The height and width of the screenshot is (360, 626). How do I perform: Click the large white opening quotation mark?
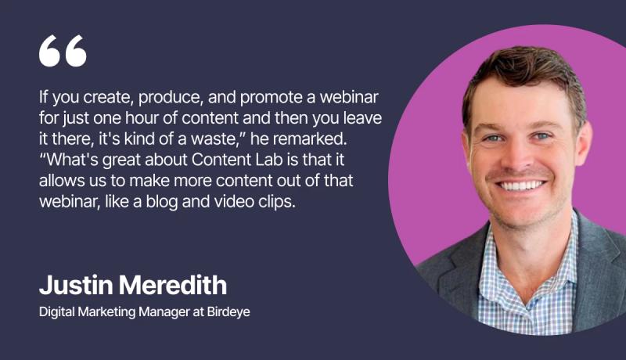click(63, 51)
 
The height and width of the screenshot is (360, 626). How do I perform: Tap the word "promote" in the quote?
click(272, 98)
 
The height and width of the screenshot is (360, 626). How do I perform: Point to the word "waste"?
click(217, 139)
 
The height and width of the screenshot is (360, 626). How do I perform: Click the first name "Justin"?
click(76, 285)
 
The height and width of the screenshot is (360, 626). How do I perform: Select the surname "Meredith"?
click(173, 285)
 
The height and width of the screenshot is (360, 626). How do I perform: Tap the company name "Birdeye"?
click(228, 311)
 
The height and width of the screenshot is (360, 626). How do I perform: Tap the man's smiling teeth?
click(521, 185)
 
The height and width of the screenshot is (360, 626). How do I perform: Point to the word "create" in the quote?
click(107, 97)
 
